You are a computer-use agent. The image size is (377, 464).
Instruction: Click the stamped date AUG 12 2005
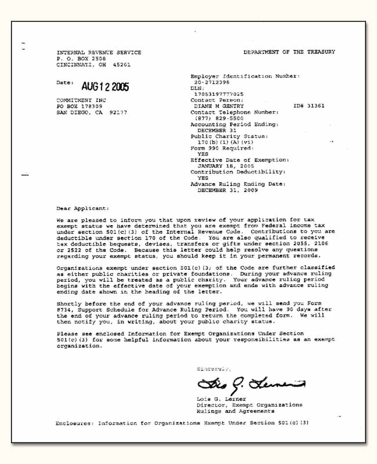pyautogui.click(x=105, y=87)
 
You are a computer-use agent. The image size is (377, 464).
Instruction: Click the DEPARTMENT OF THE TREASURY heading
pyautogui.click(x=289, y=52)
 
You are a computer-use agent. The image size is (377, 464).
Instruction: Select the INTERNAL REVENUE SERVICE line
pyautogui.click(x=99, y=53)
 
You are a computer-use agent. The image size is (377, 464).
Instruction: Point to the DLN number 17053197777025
pyautogui.click(x=219, y=94)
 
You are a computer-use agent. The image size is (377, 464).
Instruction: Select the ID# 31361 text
pyautogui.click(x=309, y=106)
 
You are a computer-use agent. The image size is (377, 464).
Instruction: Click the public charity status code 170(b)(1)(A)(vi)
pyautogui.click(x=225, y=142)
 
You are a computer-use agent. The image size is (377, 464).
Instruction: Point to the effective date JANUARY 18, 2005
pyautogui.click(x=227, y=166)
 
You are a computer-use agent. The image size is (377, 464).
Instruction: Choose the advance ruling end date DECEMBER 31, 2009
pyautogui.click(x=229, y=190)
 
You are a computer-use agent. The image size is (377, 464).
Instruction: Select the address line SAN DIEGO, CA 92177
pyautogui.click(x=91, y=113)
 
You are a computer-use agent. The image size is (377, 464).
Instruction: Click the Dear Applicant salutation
pyautogui.click(x=82, y=208)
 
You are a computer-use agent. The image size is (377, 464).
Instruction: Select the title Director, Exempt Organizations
pyautogui.click(x=249, y=405)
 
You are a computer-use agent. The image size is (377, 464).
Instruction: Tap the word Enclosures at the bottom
pyautogui.click(x=74, y=423)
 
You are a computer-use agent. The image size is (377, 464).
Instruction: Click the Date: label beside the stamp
pyautogui.click(x=64, y=82)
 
